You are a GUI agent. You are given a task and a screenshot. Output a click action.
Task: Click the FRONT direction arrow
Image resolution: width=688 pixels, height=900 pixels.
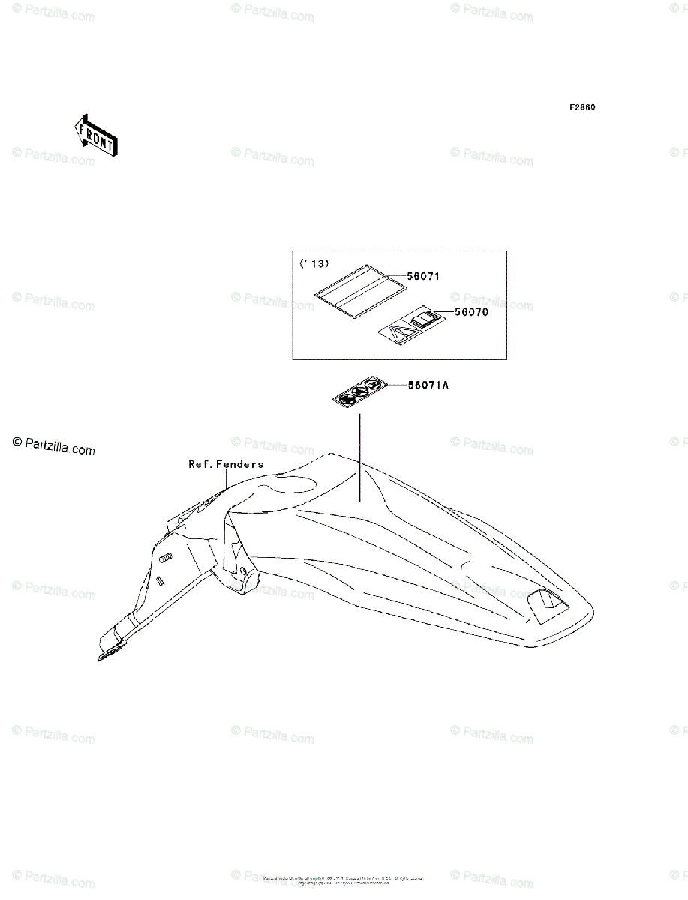(94, 135)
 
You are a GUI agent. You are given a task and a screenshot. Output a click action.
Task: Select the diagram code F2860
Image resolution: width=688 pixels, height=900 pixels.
(581, 107)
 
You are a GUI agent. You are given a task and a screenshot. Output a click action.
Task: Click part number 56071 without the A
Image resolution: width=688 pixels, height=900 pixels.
(422, 276)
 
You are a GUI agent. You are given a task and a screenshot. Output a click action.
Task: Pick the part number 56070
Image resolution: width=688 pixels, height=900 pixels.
(470, 312)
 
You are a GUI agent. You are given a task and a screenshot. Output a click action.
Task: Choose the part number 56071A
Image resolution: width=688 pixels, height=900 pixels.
(428, 385)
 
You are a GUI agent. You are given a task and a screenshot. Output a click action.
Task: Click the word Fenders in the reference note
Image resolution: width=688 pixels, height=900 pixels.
(239, 464)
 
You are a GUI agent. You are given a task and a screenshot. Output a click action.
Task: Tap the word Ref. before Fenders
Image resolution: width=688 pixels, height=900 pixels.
(200, 464)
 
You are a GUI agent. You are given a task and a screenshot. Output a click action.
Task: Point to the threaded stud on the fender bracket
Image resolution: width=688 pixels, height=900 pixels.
(167, 557)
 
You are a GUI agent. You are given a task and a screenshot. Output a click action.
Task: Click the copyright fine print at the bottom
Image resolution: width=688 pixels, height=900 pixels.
(344, 880)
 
